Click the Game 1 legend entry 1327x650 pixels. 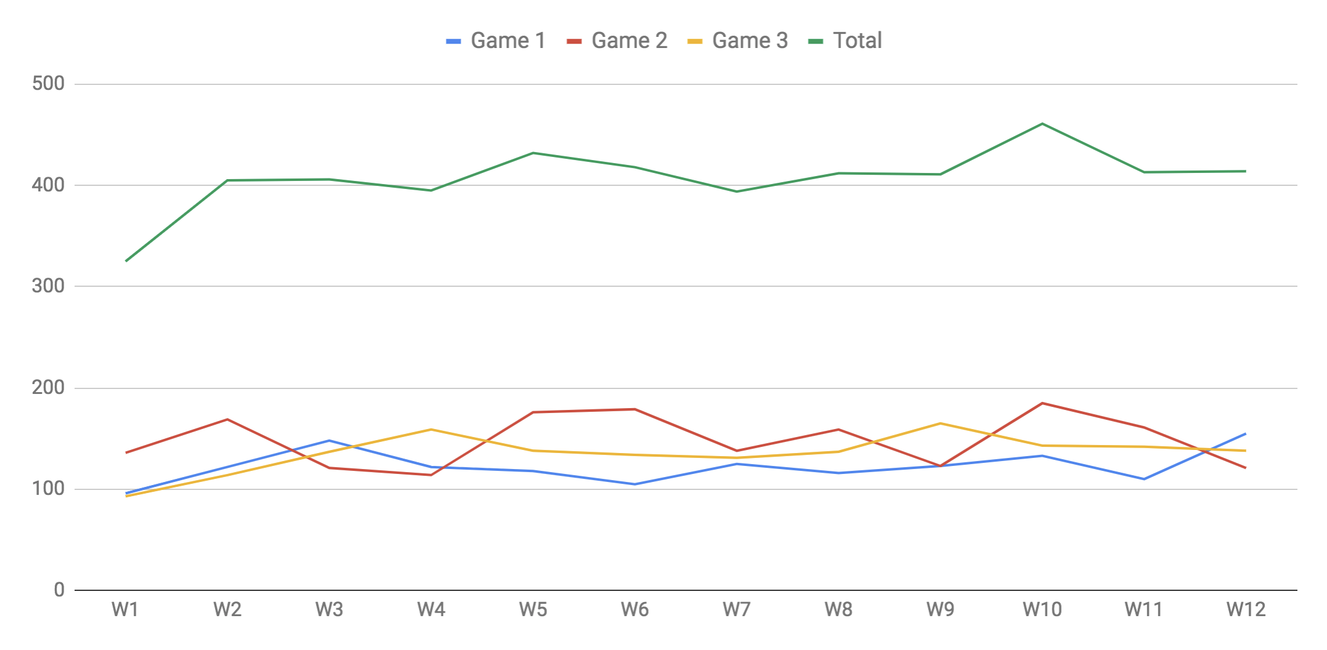click(496, 41)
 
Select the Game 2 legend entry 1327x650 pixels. click(617, 41)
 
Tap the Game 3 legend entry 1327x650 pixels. click(737, 41)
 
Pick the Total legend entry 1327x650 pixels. click(845, 41)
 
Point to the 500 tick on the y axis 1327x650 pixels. click(48, 84)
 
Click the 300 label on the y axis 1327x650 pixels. click(48, 286)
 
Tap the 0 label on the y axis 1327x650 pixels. click(59, 590)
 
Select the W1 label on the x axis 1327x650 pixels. click(125, 610)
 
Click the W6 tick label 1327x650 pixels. click(635, 610)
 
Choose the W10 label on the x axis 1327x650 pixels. click(1042, 610)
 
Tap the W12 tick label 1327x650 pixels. click(1246, 610)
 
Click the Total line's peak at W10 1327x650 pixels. click(1042, 124)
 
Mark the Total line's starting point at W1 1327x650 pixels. click(126, 261)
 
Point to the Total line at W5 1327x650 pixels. click(533, 153)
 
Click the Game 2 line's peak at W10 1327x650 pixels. click(1042, 403)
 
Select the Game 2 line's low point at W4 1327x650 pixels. click(431, 475)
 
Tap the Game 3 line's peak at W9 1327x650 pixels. click(941, 423)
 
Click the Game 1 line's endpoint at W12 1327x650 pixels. click(1245, 434)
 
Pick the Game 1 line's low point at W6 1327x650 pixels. click(635, 484)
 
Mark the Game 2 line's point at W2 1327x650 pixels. click(227, 419)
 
